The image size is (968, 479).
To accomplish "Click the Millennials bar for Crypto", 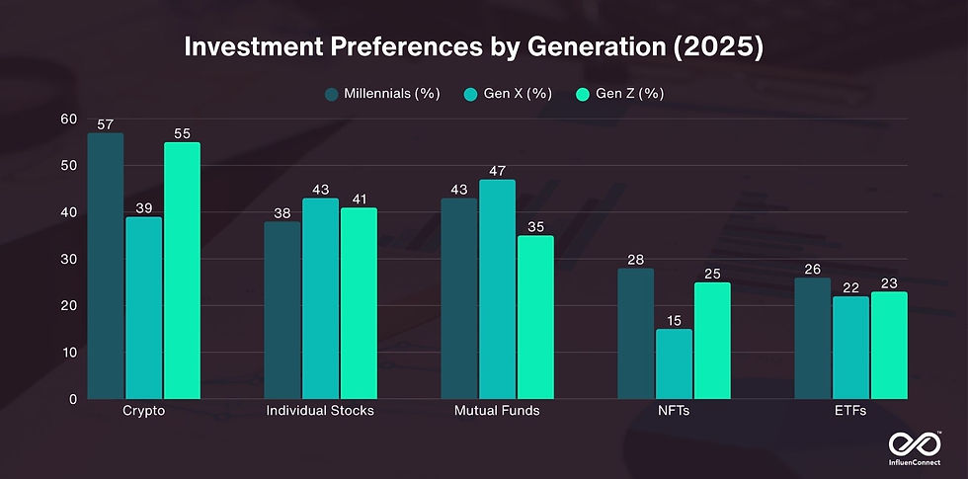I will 106,267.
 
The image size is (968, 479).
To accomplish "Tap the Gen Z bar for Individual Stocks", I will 358,303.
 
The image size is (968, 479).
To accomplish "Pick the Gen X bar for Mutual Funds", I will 497,289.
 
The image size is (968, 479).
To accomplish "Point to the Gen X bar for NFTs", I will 674,364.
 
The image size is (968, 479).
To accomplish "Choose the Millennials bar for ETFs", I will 812,339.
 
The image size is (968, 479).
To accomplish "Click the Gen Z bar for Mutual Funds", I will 535,317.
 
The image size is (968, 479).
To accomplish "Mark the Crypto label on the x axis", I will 143,410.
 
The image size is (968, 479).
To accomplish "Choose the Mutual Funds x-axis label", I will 497,410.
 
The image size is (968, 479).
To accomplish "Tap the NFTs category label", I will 674,410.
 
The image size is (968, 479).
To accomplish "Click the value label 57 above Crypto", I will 106,125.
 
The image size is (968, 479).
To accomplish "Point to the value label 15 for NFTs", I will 674,321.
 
